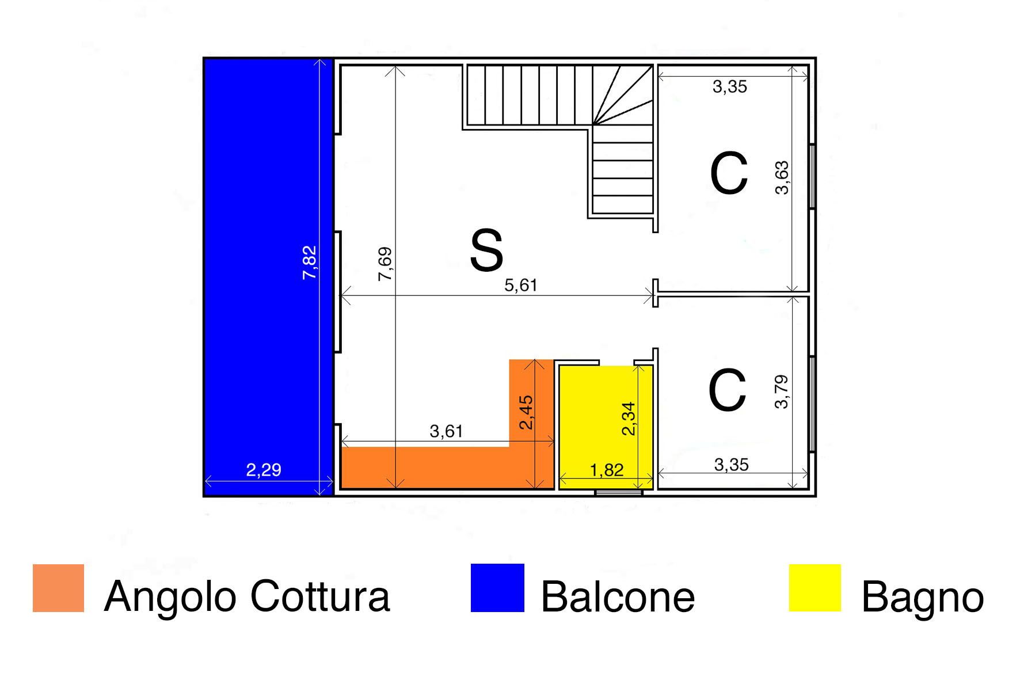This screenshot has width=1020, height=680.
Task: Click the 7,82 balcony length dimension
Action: click(310, 263)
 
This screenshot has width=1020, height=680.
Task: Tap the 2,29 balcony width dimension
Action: click(264, 470)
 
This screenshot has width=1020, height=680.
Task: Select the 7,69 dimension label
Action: click(385, 264)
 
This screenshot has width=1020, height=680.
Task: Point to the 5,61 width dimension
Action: click(521, 285)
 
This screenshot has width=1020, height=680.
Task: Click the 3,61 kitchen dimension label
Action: click(446, 431)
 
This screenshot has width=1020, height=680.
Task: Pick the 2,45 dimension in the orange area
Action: click(526, 412)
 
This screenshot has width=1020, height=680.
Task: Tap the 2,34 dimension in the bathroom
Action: click(629, 419)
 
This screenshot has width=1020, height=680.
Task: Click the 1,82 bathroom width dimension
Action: click(607, 470)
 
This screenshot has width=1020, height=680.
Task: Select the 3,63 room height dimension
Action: click(782, 178)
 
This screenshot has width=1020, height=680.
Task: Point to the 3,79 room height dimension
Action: click(782, 392)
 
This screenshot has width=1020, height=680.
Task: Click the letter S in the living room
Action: click(487, 250)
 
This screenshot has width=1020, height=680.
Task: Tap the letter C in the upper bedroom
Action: click(729, 173)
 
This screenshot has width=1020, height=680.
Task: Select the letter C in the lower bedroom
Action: click(728, 390)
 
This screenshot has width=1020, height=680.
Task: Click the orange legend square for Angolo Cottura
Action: click(59, 588)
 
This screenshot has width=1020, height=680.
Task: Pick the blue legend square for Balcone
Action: click(497, 588)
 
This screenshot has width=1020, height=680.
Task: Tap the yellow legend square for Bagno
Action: click(815, 588)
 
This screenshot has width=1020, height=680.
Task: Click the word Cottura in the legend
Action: click(321, 596)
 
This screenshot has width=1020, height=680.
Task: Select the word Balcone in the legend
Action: click(618, 597)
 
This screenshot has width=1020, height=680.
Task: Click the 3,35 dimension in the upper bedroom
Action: click(730, 87)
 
